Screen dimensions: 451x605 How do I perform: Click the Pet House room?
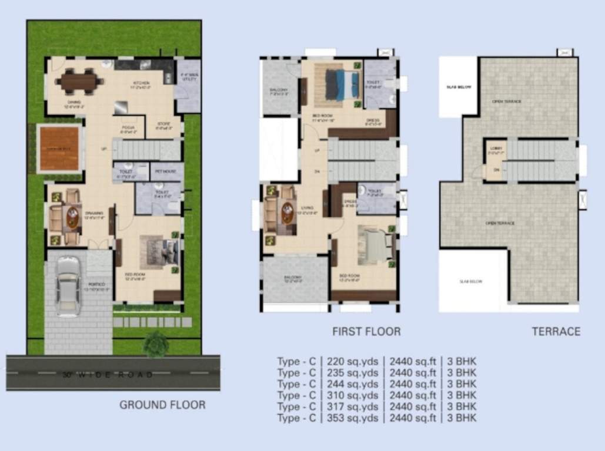pos(166,171)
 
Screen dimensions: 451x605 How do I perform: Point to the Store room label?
pos(163,126)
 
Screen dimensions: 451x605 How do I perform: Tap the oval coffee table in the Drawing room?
pos(72,217)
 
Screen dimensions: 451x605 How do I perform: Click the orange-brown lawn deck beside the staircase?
pos(59,149)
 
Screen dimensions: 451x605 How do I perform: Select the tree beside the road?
pos(156,344)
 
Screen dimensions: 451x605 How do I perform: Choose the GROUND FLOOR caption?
pos(162,405)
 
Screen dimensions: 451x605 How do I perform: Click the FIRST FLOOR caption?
pos(366,332)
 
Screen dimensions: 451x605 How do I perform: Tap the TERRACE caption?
pos(556,332)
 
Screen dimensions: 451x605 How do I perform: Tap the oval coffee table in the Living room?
pos(288,212)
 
